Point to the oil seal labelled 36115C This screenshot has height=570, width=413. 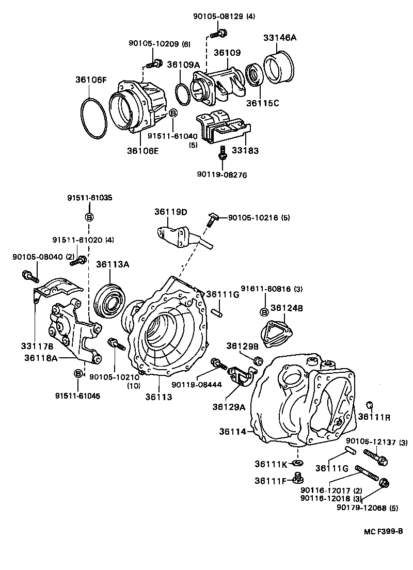pyautogui.click(x=253, y=75)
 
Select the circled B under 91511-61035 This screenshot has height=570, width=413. pyautogui.click(x=89, y=217)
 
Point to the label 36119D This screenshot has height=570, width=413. pyautogui.click(x=170, y=212)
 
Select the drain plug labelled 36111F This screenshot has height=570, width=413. pyautogui.click(x=297, y=478)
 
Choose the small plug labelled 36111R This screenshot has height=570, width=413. pyautogui.click(x=369, y=404)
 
